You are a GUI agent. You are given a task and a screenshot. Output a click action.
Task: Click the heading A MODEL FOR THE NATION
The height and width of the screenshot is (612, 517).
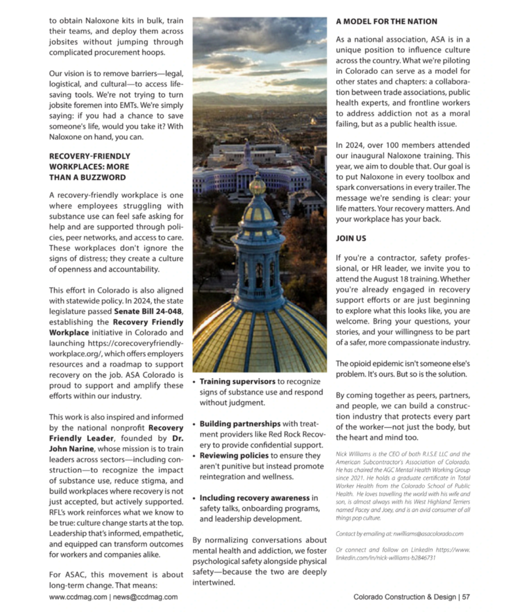point(386,22)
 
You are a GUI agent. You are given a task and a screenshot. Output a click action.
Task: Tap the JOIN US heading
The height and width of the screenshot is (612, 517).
point(351,238)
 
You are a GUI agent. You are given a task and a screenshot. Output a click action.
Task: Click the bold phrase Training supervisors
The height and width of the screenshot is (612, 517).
point(238,382)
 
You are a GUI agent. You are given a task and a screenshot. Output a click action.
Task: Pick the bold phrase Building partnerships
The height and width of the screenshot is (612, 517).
point(240,424)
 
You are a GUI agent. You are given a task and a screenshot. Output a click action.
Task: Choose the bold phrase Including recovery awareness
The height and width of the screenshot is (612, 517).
point(255,498)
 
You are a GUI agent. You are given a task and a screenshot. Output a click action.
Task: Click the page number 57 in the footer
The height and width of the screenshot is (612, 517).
point(466,597)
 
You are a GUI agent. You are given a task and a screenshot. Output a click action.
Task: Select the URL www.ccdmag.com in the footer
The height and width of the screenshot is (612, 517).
point(78,597)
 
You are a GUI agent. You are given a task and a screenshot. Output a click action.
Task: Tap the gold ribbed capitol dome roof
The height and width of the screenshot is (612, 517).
point(259,338)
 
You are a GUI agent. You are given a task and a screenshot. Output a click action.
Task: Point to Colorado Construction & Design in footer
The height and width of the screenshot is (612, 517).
point(404,597)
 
